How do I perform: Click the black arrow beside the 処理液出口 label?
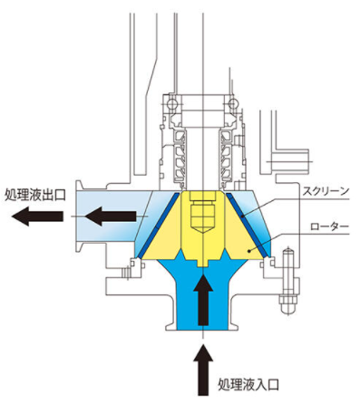click(x=44, y=216)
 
